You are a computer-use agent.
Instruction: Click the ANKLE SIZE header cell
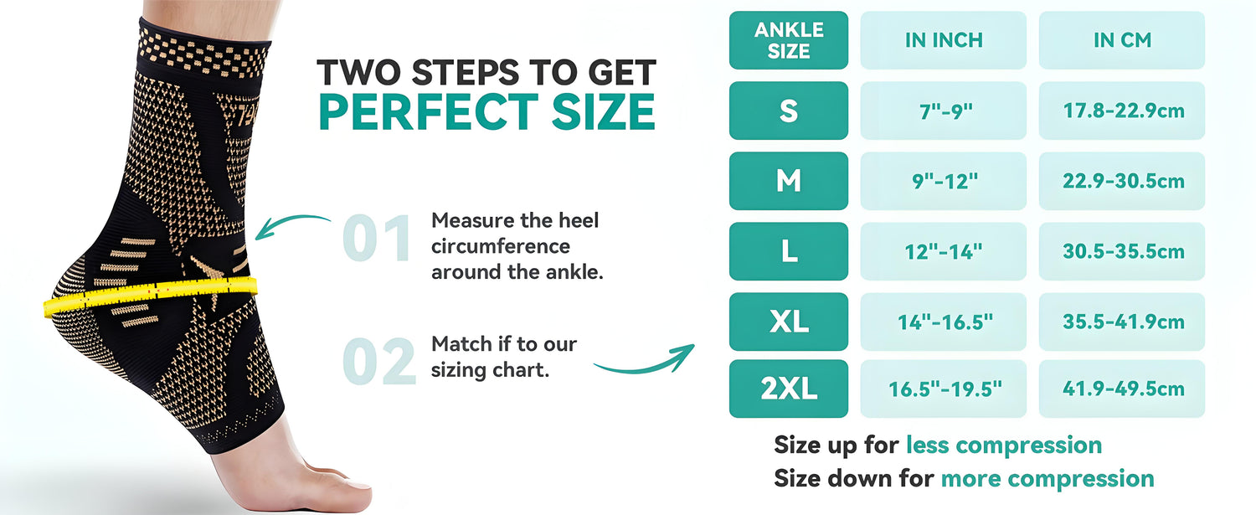[x=789, y=40]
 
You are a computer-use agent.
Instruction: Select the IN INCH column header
[x=944, y=40]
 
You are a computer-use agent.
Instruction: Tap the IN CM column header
[x=1122, y=40]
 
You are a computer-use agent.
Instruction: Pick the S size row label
[x=789, y=111]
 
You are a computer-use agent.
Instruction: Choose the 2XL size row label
[x=789, y=389]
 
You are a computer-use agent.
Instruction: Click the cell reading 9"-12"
[x=944, y=181]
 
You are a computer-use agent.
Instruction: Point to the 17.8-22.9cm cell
[x=1122, y=111]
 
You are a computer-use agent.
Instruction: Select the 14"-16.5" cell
[x=944, y=322]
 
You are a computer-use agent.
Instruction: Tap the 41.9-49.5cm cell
[x=1122, y=389]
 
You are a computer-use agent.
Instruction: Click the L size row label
[x=789, y=251]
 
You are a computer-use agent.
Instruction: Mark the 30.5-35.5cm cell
[x=1122, y=251]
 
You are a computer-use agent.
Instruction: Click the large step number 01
[x=377, y=239]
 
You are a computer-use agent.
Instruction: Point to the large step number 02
[x=379, y=361]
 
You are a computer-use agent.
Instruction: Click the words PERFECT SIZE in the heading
[x=486, y=111]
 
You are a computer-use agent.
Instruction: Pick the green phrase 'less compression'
[x=1004, y=445]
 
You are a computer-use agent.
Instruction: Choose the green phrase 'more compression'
[x=1048, y=478]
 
